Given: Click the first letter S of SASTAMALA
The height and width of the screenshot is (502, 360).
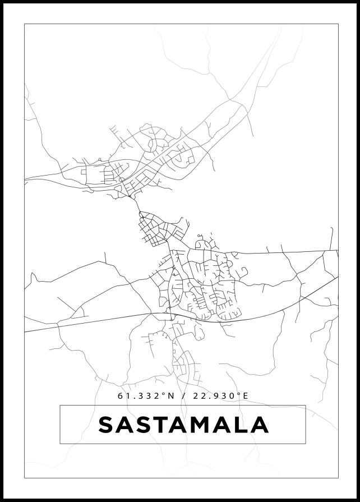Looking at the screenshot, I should pos(107,425).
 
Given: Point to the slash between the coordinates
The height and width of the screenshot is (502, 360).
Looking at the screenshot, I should pos(184,396).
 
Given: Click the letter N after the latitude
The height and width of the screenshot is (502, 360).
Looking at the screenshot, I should pos(171,396).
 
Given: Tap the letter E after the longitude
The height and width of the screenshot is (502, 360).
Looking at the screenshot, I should pos(245,396).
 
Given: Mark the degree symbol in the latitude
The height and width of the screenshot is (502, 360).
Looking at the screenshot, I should pos(164,394).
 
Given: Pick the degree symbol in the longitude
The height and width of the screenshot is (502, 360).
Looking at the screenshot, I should pos(238,394).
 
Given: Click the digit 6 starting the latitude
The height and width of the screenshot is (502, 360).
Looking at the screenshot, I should pos(121,396).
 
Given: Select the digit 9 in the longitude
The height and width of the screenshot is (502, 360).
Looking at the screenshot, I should pos(216,396).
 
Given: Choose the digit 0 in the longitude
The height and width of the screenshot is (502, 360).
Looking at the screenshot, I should pos(232,396).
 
